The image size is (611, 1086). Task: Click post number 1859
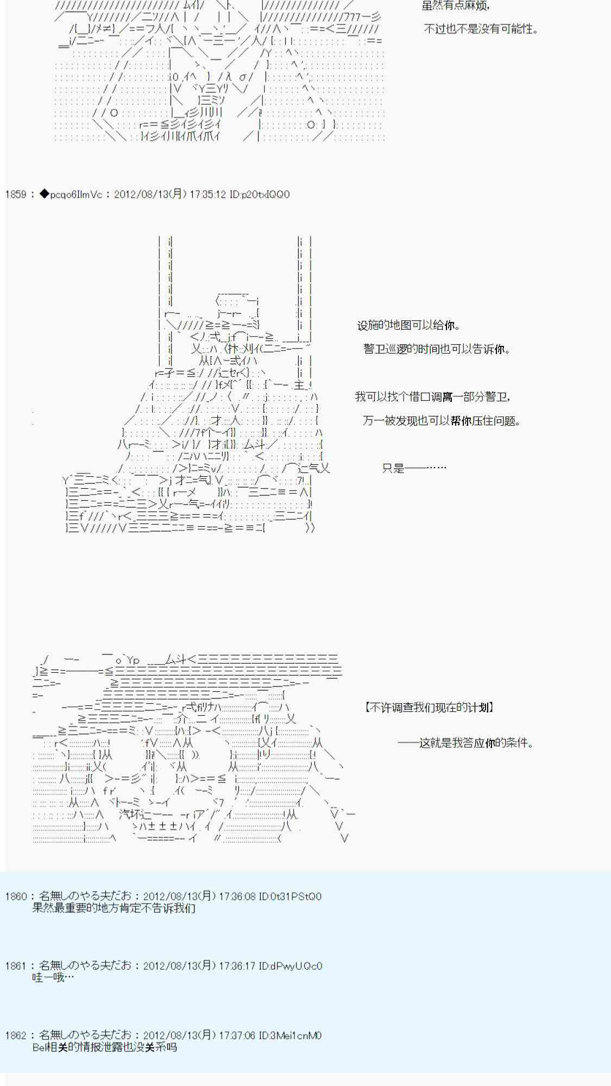click(x=16, y=194)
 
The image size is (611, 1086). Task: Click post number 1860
click(x=16, y=896)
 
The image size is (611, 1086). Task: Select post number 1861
click(x=16, y=966)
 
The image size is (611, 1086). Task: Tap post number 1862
click(x=16, y=1036)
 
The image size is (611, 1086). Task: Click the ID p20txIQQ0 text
click(x=260, y=194)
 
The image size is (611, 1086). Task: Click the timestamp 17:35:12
click(x=207, y=194)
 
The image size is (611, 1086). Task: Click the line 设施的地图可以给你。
click(x=409, y=326)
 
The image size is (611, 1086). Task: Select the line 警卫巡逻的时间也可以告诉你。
click(x=437, y=349)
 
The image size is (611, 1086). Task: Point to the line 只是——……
click(x=414, y=468)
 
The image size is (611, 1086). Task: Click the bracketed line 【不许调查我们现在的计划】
click(x=429, y=708)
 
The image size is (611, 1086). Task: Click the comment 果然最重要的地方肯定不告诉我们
click(x=114, y=908)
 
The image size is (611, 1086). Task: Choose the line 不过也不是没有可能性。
click(x=481, y=29)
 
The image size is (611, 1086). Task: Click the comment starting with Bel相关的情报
click(x=105, y=1047)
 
